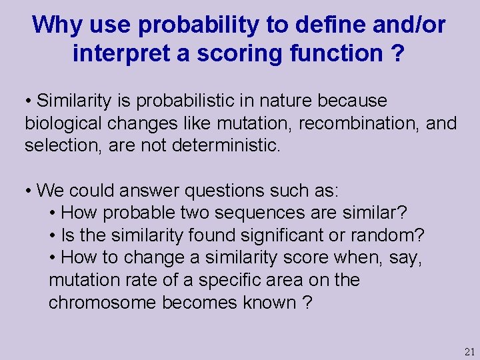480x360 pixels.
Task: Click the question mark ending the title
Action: [x=397, y=53]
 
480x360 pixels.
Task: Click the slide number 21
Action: [x=469, y=351]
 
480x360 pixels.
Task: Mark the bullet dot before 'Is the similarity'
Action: [x=53, y=235]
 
